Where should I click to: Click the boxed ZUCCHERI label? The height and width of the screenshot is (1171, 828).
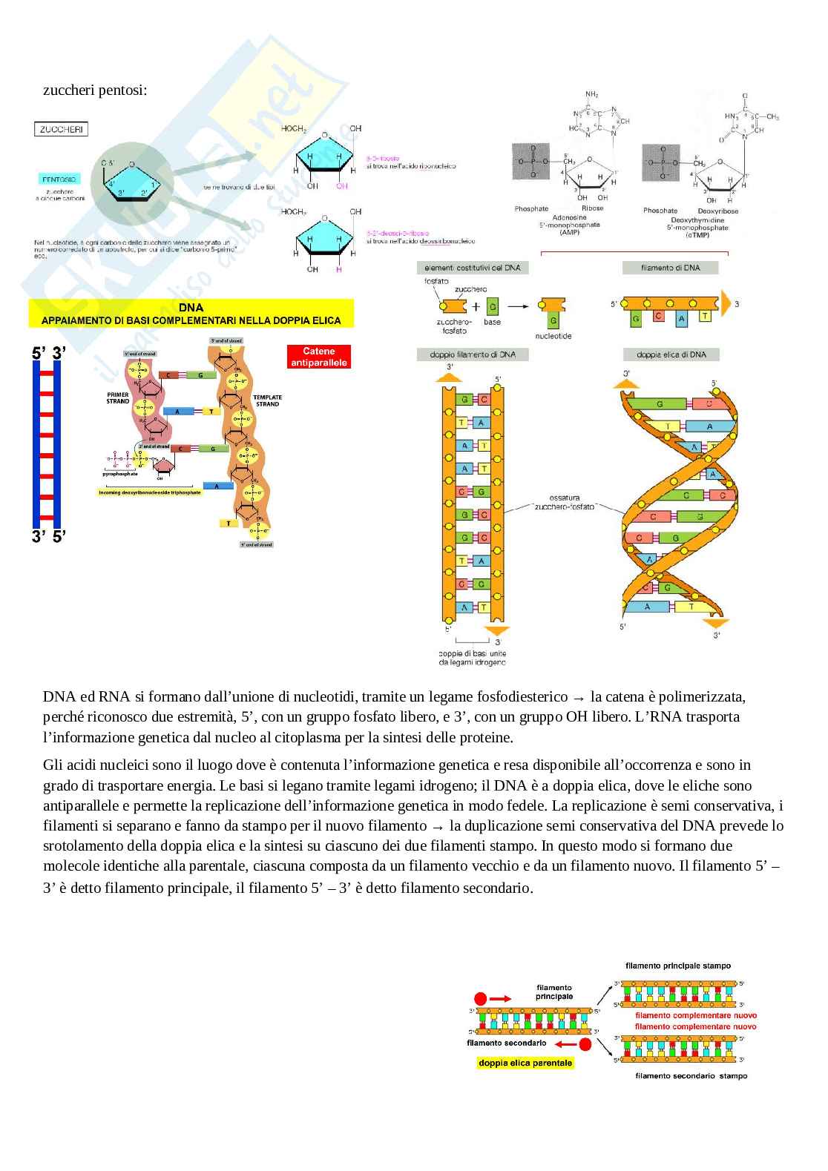[x=62, y=129]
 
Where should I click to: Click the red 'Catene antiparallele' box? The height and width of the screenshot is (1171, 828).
[x=318, y=357]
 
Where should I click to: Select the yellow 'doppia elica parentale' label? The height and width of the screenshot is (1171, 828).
[x=525, y=1063]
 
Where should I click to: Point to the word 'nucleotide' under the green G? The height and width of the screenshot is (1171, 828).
[x=553, y=336]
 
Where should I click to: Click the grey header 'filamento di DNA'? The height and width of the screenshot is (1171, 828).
[x=670, y=268]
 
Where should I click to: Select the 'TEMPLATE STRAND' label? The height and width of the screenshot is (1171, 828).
[x=267, y=400]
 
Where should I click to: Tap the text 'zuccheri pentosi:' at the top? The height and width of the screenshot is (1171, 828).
[x=95, y=90]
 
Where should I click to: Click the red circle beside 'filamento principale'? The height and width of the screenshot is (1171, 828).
[x=482, y=998]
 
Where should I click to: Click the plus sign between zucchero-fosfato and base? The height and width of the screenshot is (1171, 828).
[x=476, y=306]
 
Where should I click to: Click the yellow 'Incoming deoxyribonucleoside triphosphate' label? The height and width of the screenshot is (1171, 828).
[x=150, y=492]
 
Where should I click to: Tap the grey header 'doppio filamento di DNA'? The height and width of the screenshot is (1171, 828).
[x=467, y=354]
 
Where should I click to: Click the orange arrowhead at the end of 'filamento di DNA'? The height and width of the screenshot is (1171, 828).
[x=725, y=304]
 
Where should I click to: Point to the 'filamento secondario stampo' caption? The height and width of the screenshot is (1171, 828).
[x=691, y=1075]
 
